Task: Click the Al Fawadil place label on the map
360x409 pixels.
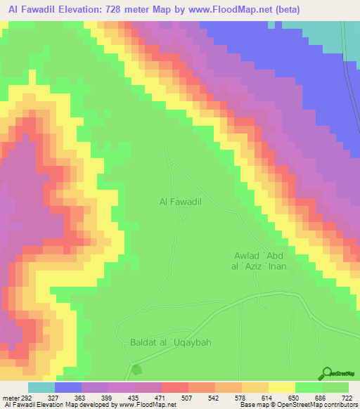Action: tap(181, 202)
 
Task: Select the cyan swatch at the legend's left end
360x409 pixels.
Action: tap(41, 387)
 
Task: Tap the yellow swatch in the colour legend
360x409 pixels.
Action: tap(282, 387)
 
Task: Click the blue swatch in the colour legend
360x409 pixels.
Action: tap(68, 387)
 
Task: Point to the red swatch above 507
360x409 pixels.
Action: tap(175, 387)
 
